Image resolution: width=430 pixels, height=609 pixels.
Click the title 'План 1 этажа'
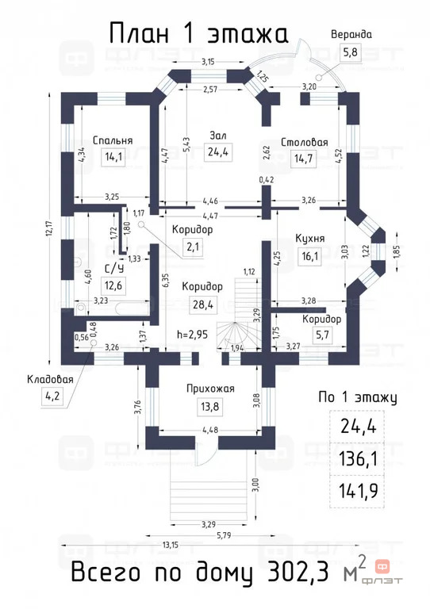click(x=198, y=33)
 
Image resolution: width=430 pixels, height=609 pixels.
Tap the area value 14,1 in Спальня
click(x=113, y=156)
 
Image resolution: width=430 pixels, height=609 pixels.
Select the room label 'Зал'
click(x=218, y=136)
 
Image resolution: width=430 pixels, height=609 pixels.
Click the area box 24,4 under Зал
click(x=218, y=151)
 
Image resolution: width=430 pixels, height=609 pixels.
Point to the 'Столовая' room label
click(x=304, y=143)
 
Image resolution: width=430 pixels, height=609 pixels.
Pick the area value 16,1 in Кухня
click(x=310, y=256)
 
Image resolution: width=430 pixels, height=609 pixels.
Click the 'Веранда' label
click(x=351, y=35)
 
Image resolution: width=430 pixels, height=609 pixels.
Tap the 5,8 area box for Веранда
click(x=350, y=52)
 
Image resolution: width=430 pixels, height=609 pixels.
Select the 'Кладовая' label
click(x=50, y=379)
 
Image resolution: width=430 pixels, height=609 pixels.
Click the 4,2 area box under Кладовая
click(x=52, y=397)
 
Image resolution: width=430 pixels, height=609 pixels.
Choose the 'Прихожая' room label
click(x=210, y=389)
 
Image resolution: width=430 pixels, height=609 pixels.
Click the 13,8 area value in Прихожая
click(x=209, y=407)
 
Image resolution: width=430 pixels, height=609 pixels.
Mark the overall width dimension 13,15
click(x=170, y=545)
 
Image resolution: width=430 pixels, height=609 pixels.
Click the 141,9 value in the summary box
click(x=358, y=491)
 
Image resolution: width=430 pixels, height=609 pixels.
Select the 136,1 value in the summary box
click(x=358, y=458)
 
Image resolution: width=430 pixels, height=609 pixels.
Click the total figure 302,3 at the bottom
click(x=298, y=573)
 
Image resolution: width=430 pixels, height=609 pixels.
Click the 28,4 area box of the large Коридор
click(x=203, y=304)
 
